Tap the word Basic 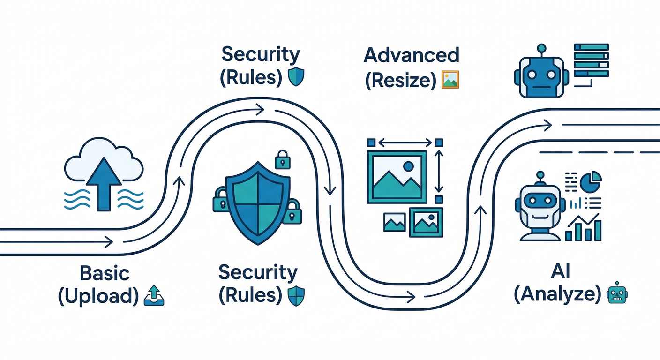[105, 273]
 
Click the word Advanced [411, 55]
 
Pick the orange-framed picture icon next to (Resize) [450, 80]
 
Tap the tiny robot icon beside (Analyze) [617, 293]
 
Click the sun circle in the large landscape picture [408, 165]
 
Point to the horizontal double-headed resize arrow [405, 142]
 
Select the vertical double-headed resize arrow [439, 171]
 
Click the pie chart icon [591, 181]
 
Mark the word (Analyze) [557, 294]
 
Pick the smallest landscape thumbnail [394, 222]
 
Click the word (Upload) [98, 296]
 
